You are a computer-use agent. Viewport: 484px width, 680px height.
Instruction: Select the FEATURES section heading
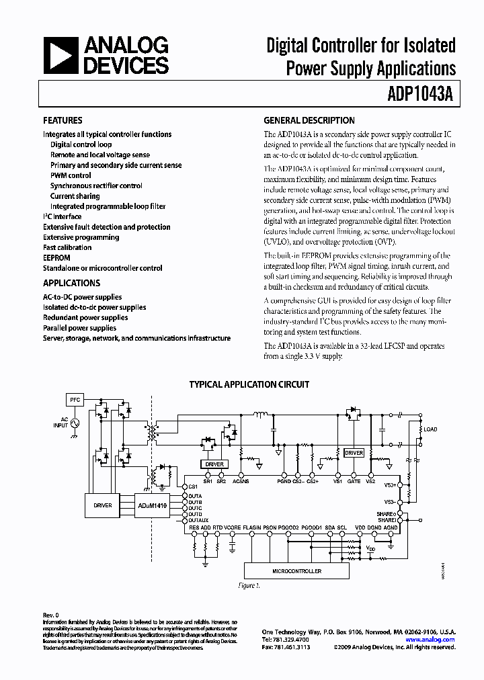pyautogui.click(x=63, y=121)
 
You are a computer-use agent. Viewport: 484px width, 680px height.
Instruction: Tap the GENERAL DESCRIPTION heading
pyautogui.click(x=309, y=121)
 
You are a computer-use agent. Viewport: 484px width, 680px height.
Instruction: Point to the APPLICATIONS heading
pyautogui.click(x=71, y=284)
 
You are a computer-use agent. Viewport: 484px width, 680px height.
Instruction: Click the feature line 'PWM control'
pyautogui.click(x=71, y=175)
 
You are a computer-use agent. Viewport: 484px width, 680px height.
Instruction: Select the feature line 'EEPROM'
pyautogui.click(x=56, y=258)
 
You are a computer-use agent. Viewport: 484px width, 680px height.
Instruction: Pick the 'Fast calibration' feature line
pyautogui.click(x=67, y=248)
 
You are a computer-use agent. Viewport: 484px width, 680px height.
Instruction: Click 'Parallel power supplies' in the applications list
pyautogui.click(x=79, y=328)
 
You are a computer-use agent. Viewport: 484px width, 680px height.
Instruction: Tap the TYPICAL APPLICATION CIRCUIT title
pyautogui.click(x=249, y=385)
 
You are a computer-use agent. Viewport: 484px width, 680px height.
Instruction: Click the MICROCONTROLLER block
pyautogui.click(x=296, y=571)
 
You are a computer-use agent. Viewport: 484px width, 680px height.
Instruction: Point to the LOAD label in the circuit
pyautogui.click(x=430, y=429)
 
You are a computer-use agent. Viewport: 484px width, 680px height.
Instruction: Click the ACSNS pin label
pyautogui.click(x=240, y=482)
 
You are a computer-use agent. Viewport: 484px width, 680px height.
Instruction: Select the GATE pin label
pyautogui.click(x=354, y=482)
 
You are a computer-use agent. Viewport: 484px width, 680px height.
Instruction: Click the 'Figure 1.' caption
pyautogui.click(x=249, y=586)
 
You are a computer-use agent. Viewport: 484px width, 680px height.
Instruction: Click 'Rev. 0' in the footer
pyautogui.click(x=51, y=615)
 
